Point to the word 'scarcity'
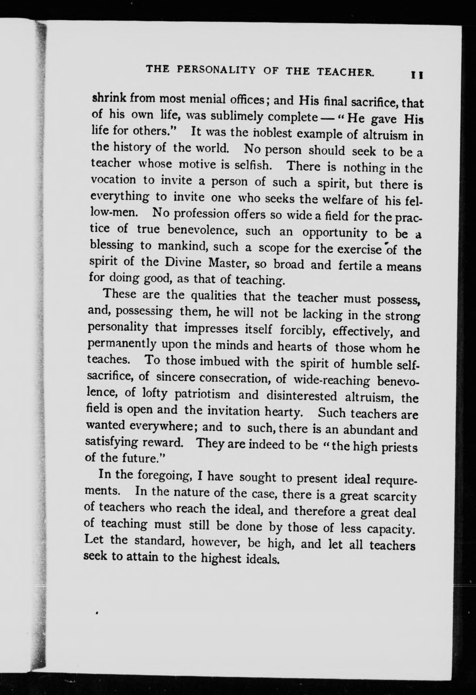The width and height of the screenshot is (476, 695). pyautogui.click(x=395, y=497)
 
